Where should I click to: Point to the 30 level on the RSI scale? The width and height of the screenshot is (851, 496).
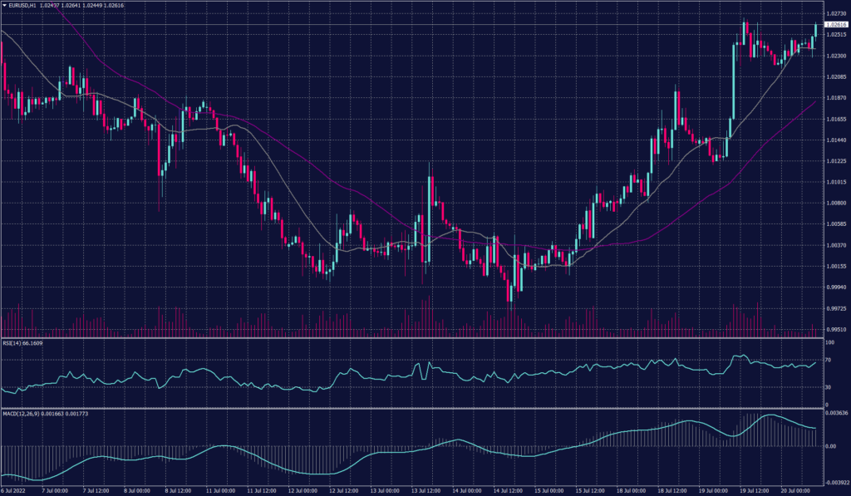829,387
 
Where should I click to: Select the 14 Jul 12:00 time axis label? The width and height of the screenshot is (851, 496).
508,491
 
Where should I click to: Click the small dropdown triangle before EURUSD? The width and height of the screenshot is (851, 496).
4,5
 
